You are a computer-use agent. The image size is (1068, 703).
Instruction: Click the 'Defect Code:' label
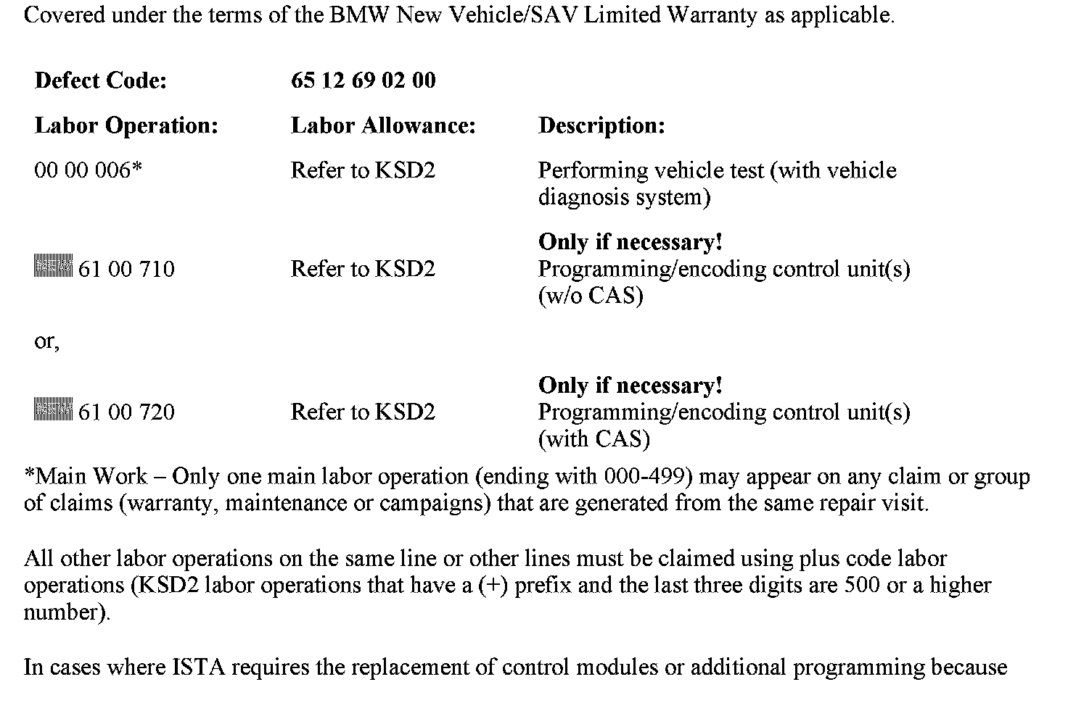click(x=100, y=80)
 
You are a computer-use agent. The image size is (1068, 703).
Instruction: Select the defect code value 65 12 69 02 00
click(x=363, y=80)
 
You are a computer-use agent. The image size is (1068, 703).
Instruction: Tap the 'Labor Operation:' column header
click(x=126, y=126)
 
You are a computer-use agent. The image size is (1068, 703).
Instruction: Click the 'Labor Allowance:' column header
click(x=383, y=126)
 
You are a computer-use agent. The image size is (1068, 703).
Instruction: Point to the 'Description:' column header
click(x=601, y=126)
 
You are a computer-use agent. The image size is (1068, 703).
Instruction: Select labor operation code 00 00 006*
click(x=88, y=170)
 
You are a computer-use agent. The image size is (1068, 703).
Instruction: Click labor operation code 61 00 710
click(x=126, y=270)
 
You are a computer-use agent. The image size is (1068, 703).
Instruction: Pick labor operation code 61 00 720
click(x=126, y=412)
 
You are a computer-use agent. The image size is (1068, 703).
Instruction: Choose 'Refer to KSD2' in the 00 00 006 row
click(x=363, y=170)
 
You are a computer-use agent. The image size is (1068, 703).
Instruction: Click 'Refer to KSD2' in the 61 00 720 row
click(x=363, y=412)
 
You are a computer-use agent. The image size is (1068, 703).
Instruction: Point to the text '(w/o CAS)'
click(x=591, y=296)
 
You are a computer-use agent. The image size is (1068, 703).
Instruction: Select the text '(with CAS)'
click(x=593, y=439)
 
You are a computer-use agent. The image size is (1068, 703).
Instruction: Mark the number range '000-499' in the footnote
click(x=645, y=477)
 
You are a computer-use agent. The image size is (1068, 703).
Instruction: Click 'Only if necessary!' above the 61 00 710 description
click(x=630, y=242)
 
